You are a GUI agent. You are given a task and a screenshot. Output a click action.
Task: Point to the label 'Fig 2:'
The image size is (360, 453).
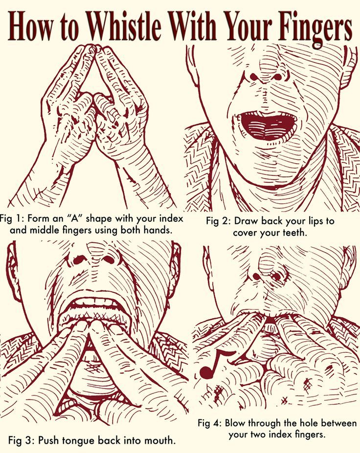tap(218, 221)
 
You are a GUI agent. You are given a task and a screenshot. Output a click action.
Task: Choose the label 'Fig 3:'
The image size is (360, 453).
tap(21, 441)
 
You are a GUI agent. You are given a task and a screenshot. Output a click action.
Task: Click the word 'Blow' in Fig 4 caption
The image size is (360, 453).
tap(235, 423)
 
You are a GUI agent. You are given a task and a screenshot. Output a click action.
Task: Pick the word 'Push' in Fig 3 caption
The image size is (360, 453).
tap(48, 441)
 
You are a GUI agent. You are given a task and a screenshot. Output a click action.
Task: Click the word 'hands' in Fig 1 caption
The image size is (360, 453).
tap(157, 231)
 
